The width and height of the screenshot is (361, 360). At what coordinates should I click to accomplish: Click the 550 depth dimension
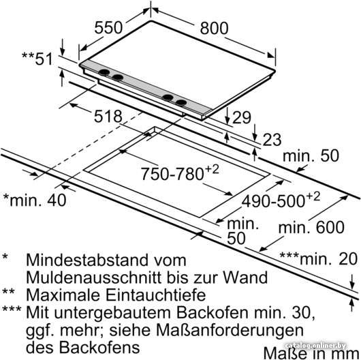108,28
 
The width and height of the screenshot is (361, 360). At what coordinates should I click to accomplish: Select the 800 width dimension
214,28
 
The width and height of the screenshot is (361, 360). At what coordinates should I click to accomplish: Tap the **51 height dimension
37,59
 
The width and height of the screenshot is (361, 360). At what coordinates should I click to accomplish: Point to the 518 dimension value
108,117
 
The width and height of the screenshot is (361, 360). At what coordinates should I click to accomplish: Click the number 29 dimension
242,117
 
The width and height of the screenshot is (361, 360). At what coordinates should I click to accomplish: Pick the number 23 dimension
272,140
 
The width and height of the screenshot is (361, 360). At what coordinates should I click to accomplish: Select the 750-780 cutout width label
180,173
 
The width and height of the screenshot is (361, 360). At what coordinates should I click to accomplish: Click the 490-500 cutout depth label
281,200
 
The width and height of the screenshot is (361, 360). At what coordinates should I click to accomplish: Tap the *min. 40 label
35,200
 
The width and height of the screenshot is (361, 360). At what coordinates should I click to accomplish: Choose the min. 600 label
311,227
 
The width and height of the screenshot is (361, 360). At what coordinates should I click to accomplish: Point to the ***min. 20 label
318,258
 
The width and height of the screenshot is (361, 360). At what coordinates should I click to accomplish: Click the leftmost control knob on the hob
104,72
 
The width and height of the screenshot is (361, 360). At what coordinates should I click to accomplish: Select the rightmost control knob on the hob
180,103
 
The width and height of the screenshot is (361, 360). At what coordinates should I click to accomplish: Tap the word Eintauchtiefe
155,295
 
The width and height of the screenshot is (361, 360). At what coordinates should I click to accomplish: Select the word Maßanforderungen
230,330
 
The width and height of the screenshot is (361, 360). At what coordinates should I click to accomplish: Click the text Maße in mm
312,353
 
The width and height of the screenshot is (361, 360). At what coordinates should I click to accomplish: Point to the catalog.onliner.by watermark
315,346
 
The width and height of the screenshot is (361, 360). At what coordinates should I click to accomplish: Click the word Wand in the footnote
245,277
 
